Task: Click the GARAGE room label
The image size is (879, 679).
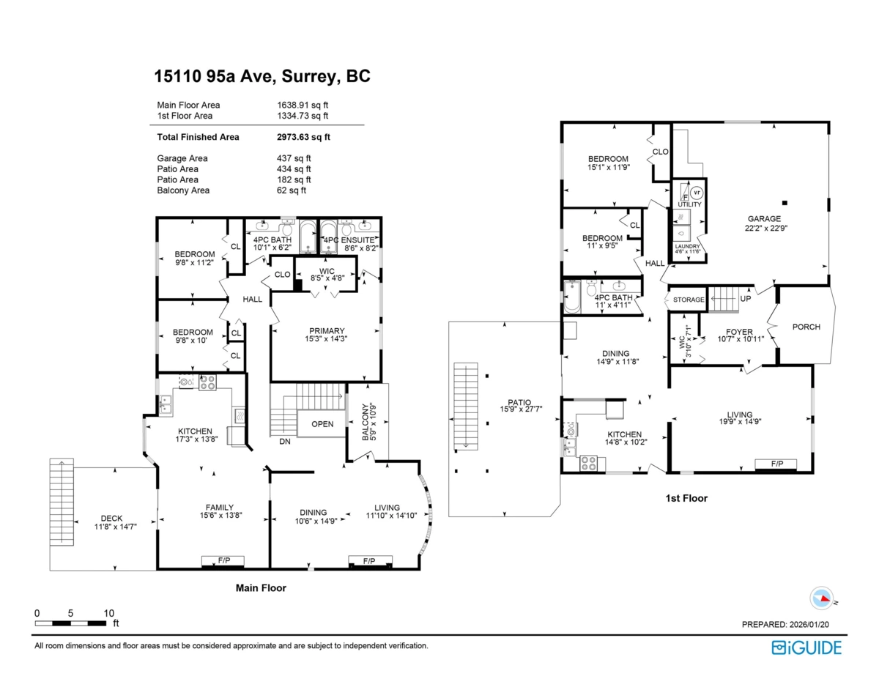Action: [764, 219]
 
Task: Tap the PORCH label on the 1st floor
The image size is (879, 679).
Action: [806, 327]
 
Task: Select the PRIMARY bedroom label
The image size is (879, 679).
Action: [327, 331]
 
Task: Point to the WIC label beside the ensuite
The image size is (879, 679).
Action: [327, 271]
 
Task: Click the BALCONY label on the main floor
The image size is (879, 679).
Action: [366, 422]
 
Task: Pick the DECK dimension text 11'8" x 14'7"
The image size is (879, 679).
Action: [115, 527]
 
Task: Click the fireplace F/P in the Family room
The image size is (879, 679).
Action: [223, 560]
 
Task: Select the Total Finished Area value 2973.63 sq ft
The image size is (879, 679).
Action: [303, 137]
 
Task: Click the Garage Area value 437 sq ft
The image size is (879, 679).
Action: [294, 158]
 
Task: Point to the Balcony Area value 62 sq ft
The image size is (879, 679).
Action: [292, 190]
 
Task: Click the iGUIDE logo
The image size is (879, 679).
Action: [806, 648]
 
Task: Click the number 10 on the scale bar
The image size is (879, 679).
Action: [109, 613]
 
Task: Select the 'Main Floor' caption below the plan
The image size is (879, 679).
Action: [261, 588]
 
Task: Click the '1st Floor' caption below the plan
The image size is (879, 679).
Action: [686, 498]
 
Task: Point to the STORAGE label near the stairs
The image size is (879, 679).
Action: [689, 300]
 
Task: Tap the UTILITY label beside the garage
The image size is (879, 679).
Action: [690, 204]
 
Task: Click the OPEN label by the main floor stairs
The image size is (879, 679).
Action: [322, 424]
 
